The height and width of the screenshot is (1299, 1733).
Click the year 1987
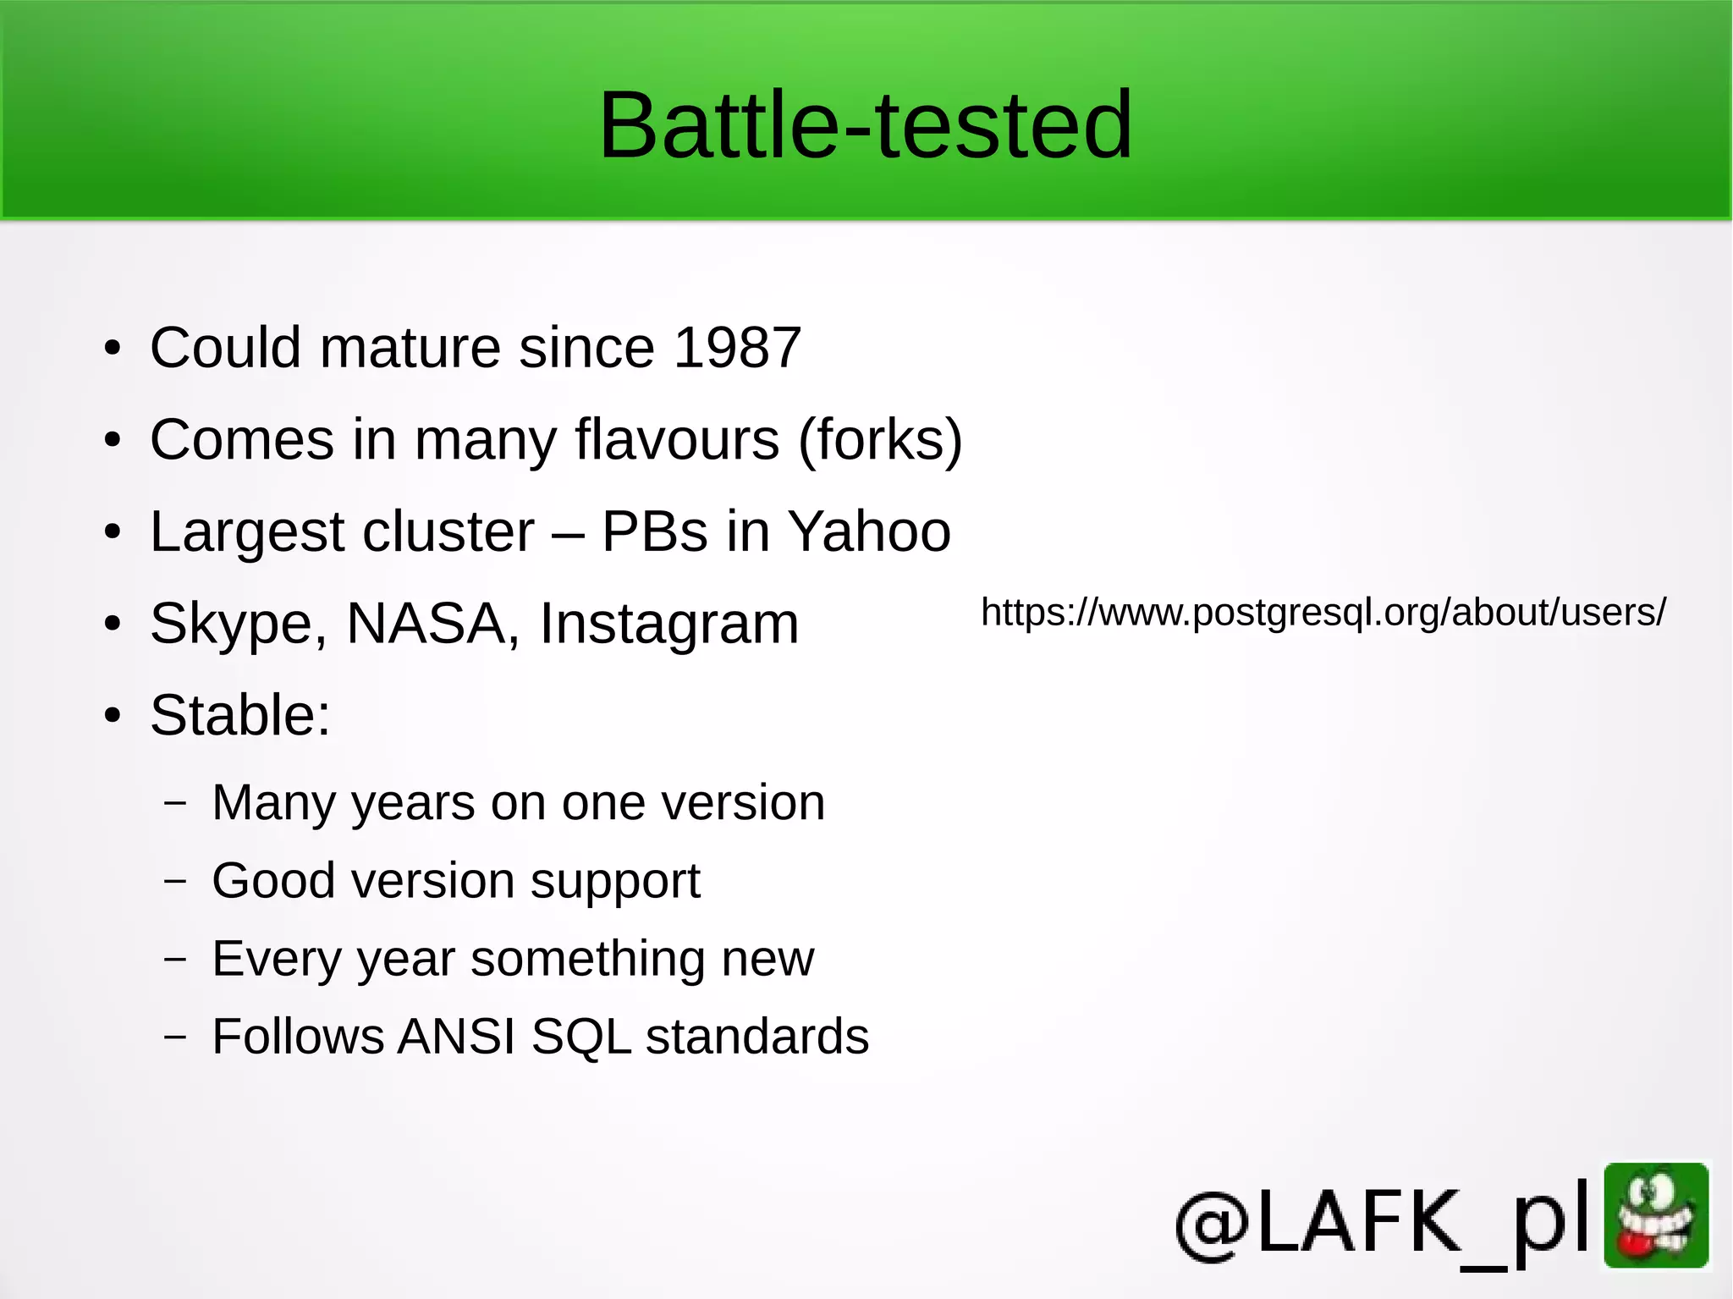pyautogui.click(x=737, y=348)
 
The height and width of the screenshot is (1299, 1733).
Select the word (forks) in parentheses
pyautogui.click(x=880, y=440)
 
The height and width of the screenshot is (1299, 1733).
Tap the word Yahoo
pyautogui.click(x=869, y=532)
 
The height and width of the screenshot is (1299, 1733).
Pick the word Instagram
pyautogui.click(x=668, y=625)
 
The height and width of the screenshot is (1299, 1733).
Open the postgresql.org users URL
pyautogui.click(x=1323, y=612)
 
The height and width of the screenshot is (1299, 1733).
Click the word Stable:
pyautogui.click(x=240, y=716)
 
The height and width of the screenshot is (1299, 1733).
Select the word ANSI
pyautogui.click(x=457, y=1036)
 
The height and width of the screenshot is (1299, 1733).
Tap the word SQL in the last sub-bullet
pyautogui.click(x=581, y=1036)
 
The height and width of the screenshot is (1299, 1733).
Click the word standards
pyautogui.click(x=757, y=1036)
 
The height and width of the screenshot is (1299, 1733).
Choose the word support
pyautogui.click(x=615, y=882)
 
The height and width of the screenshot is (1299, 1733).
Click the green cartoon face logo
pyautogui.click(x=1656, y=1215)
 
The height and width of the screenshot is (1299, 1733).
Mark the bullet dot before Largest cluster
pyautogui.click(x=113, y=533)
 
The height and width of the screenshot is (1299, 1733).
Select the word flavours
pyautogui.click(x=677, y=440)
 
